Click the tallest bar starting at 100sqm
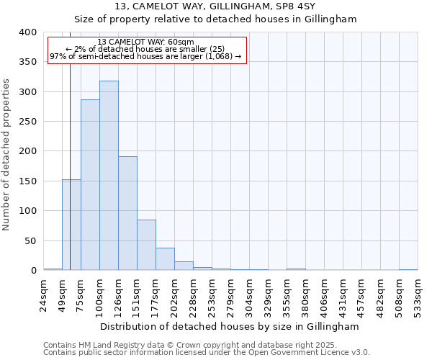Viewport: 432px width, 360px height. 109,176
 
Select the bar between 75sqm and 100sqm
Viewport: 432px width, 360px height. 90,185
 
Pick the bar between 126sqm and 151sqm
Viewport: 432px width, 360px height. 127,213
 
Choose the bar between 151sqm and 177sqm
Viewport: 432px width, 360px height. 146,245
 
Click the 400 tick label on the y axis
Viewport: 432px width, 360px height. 27,32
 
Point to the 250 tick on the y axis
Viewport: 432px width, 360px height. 27,122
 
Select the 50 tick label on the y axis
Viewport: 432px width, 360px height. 30,240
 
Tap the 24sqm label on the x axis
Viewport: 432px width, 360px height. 44,294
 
